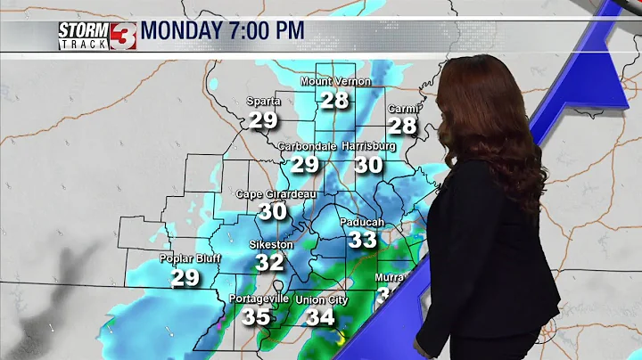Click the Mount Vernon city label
point(334,82)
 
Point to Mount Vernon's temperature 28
point(335,100)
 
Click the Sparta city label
point(264,102)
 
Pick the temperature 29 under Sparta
point(264,120)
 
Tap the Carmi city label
point(402,109)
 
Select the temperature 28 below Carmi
point(402,127)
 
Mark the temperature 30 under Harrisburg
point(368,166)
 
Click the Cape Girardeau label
point(273,194)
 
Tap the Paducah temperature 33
point(363,240)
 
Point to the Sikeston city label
point(270,243)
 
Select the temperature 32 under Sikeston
point(269,263)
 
